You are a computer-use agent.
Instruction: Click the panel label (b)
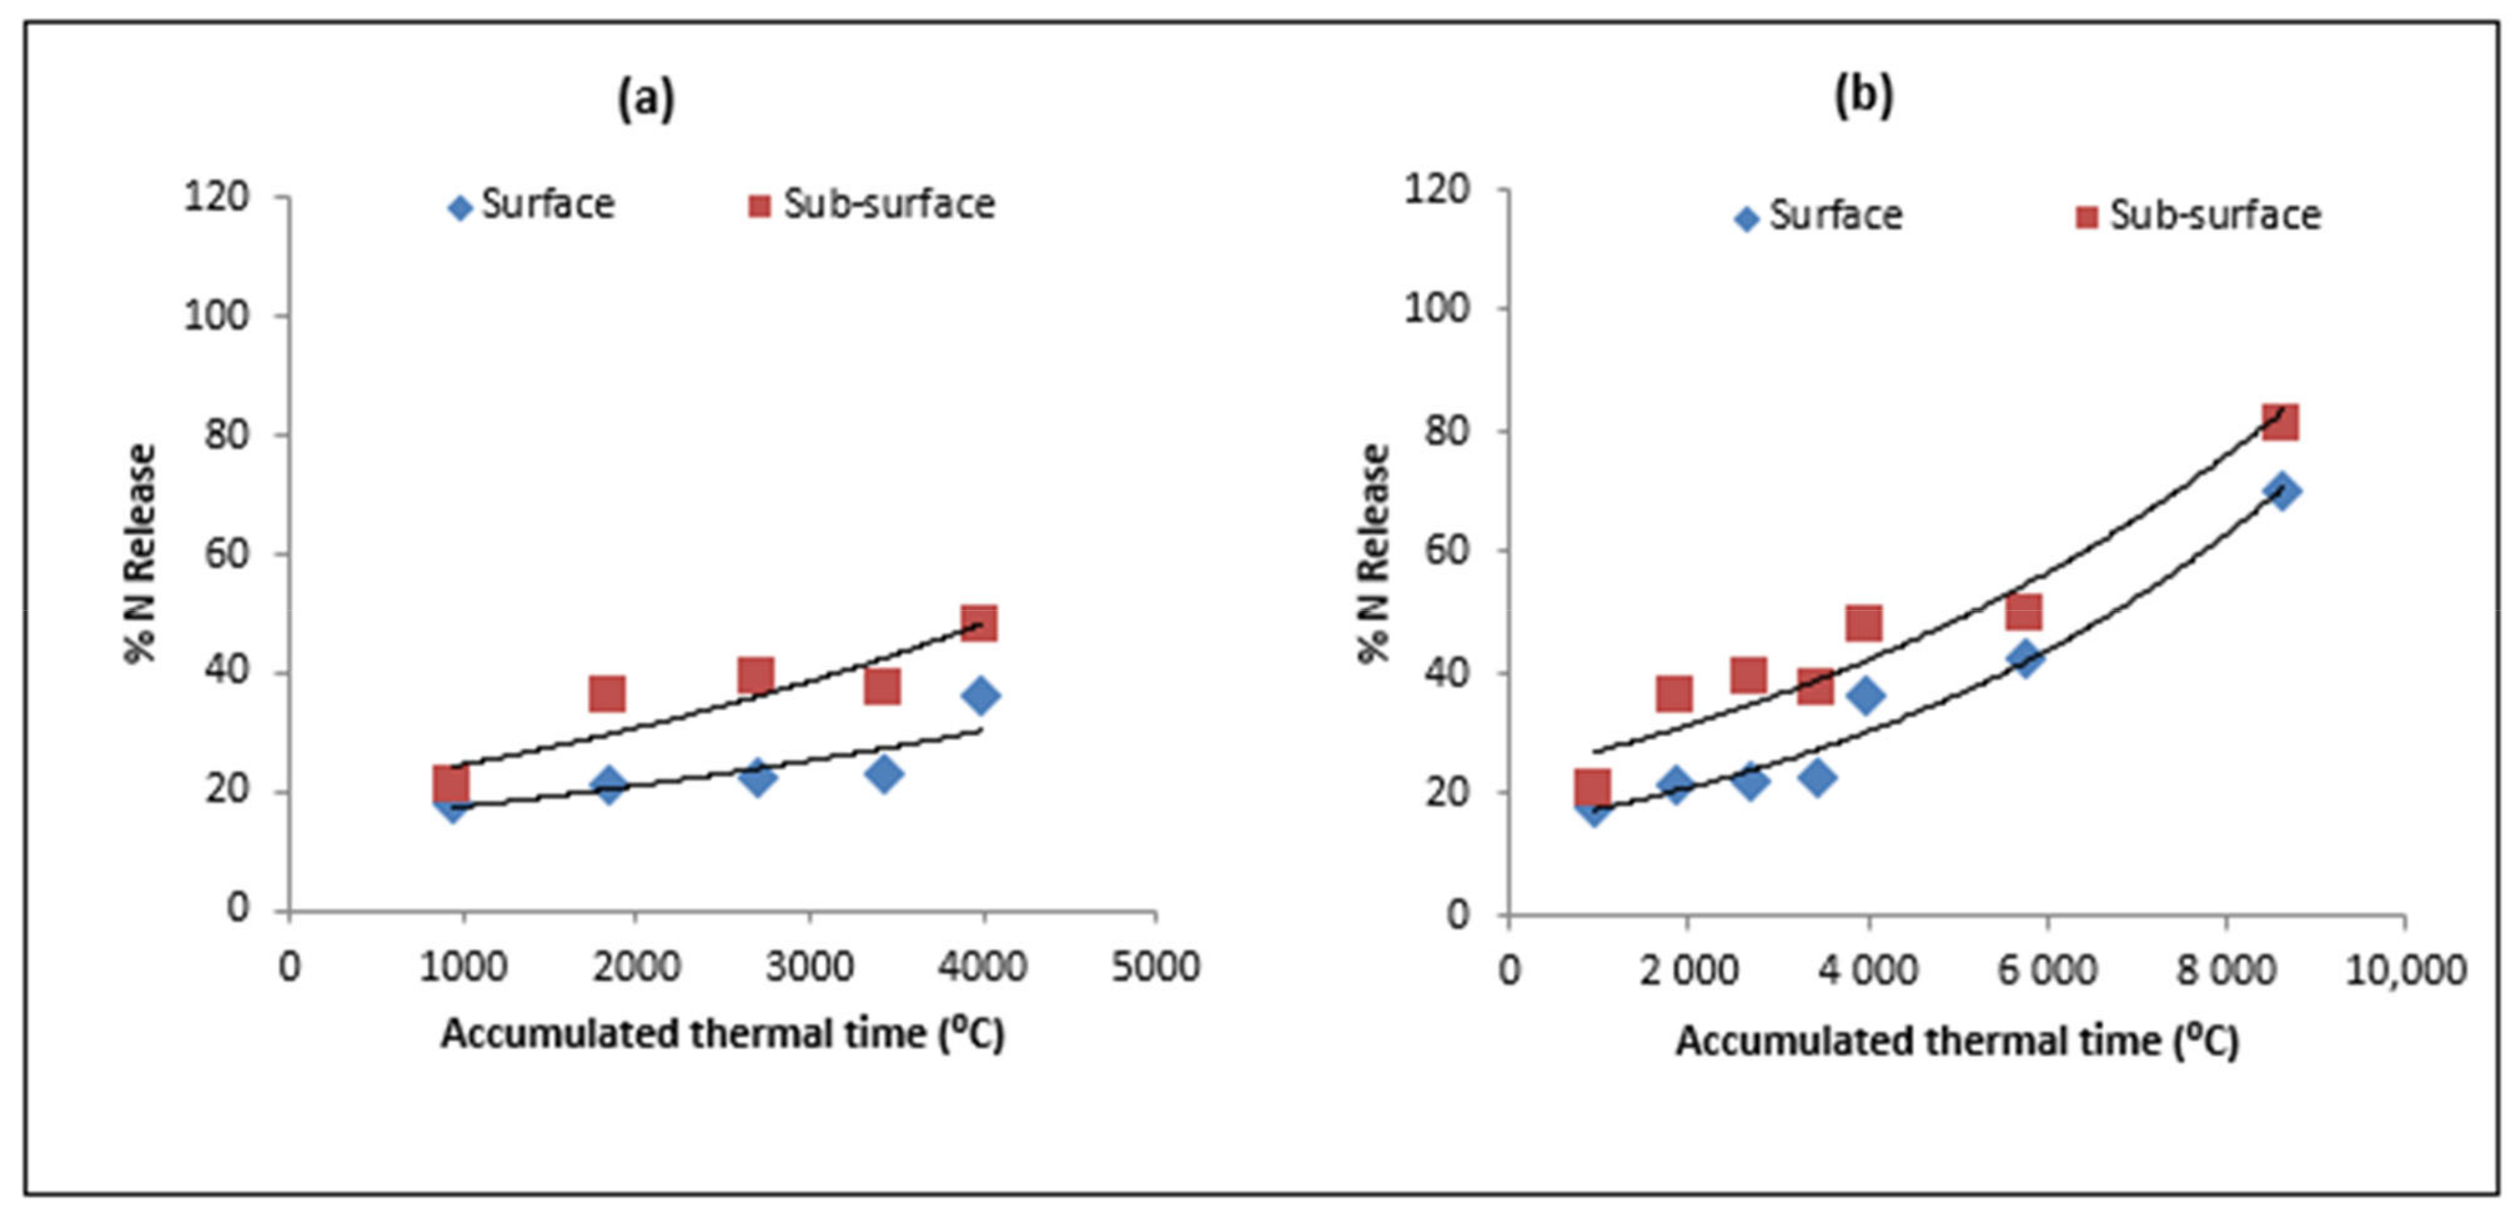1863,96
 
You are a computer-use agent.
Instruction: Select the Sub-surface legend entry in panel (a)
871,205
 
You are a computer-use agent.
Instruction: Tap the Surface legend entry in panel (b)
1819,215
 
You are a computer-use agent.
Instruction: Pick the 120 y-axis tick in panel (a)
216,197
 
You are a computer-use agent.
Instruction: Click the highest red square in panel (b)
2280,422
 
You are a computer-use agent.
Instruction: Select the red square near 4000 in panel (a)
979,622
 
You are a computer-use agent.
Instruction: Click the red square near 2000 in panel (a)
607,693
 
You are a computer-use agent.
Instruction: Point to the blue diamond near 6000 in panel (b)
2026,657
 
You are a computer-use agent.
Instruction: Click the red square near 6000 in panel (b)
2023,612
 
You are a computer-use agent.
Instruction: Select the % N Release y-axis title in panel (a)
141,554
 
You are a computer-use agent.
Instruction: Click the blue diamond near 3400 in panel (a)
883,774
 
